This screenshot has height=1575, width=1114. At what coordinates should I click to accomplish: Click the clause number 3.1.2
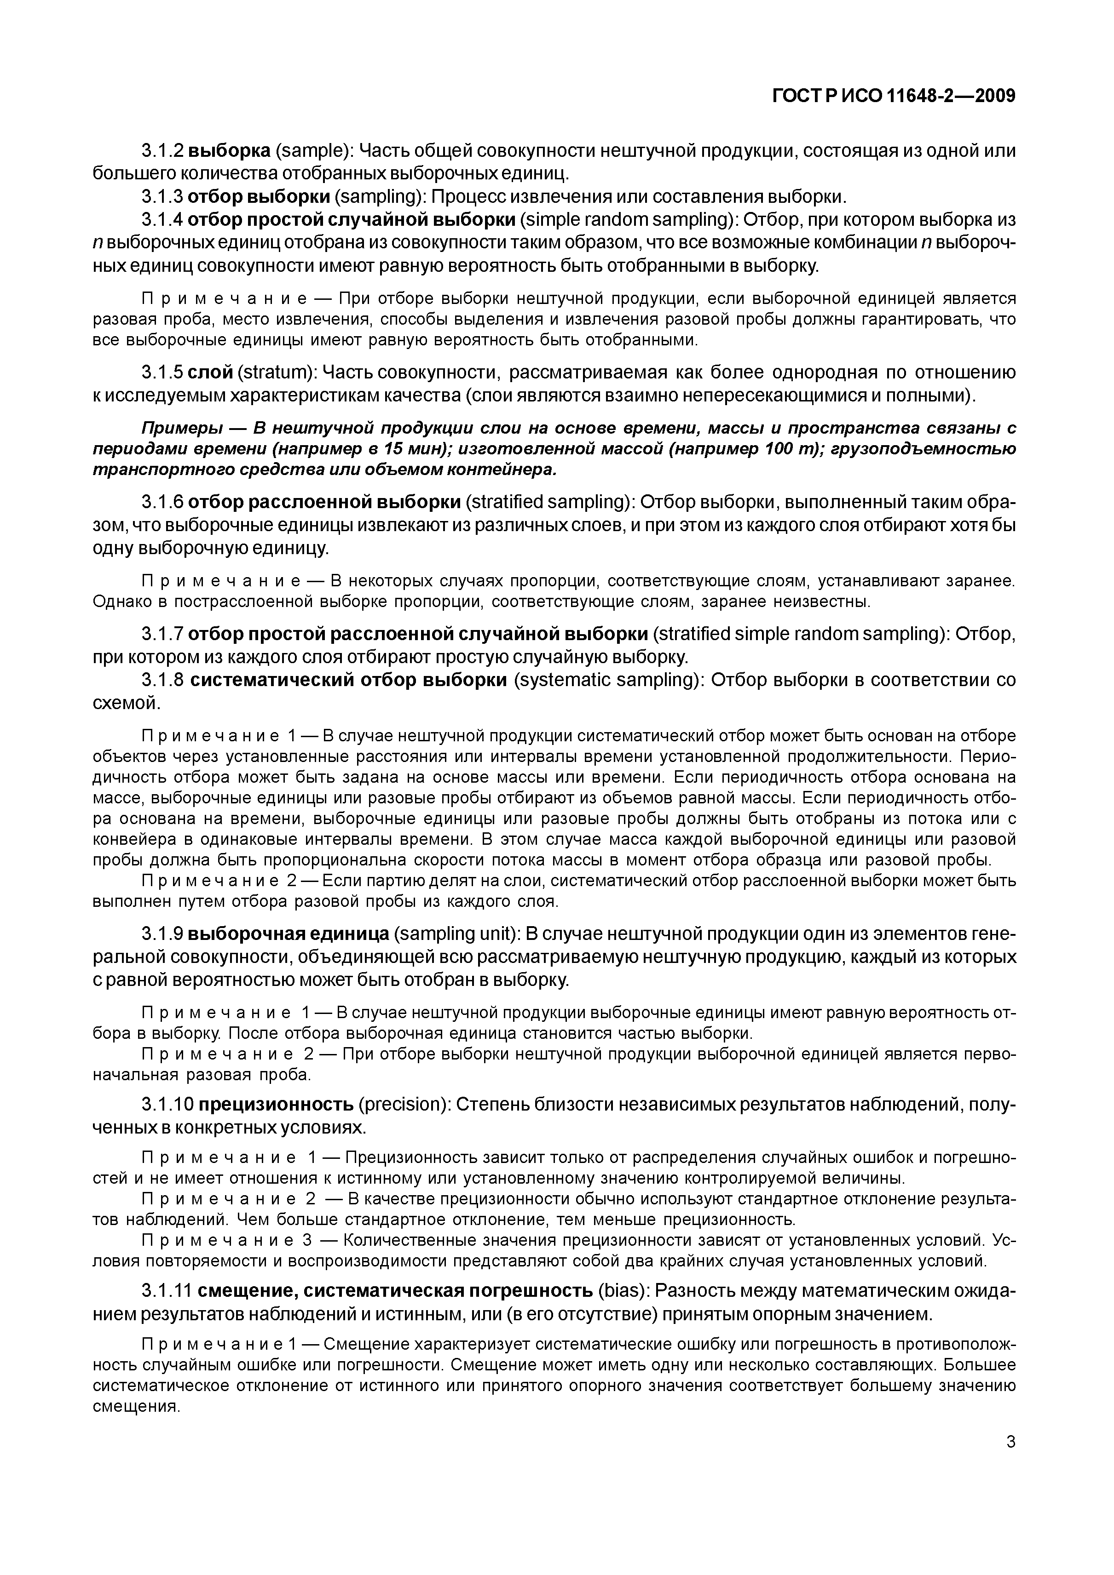[x=162, y=151]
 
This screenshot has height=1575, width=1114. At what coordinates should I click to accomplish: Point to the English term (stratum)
[x=277, y=372]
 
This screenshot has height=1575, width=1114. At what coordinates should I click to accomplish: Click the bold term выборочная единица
[x=289, y=934]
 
